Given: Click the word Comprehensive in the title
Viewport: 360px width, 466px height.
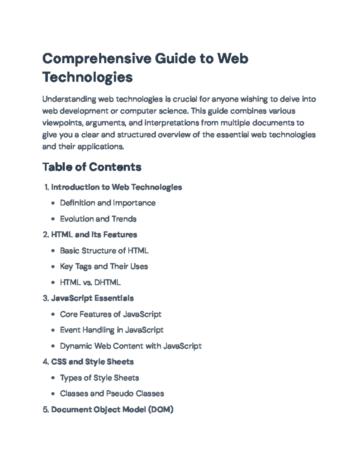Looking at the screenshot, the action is tap(97, 59).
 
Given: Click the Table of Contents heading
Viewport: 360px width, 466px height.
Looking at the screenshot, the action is tap(92, 167).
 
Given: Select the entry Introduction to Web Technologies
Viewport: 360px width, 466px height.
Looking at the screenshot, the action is tap(116, 187).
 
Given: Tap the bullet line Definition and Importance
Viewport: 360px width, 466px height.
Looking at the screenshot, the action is tap(108, 203).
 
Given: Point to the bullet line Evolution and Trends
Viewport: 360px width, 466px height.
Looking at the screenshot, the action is tap(98, 219).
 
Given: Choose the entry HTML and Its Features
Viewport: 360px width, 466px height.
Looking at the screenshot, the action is tap(94, 235).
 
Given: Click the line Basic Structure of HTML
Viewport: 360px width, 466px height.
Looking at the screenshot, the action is tap(104, 251).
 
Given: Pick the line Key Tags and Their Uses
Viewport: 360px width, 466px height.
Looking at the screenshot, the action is tap(104, 266).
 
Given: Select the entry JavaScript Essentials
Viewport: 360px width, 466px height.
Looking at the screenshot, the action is tap(92, 298).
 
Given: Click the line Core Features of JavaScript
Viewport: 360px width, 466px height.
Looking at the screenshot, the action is tap(110, 314).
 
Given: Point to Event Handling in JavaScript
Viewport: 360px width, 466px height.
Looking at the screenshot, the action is tap(112, 330).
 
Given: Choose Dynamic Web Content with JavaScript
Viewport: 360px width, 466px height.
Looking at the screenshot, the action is tap(130, 346).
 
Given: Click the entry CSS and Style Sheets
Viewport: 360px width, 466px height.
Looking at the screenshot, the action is tap(92, 362).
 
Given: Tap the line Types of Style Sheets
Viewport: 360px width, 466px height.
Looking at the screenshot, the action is tap(99, 378).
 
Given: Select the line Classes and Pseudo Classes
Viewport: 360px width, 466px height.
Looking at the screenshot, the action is tap(112, 393).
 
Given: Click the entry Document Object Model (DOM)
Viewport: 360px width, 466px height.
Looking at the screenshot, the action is tap(112, 410).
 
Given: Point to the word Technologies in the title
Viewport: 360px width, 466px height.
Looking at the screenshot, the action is tap(87, 77).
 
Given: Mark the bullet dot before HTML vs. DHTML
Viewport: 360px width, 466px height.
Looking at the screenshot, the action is tap(53, 282).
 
